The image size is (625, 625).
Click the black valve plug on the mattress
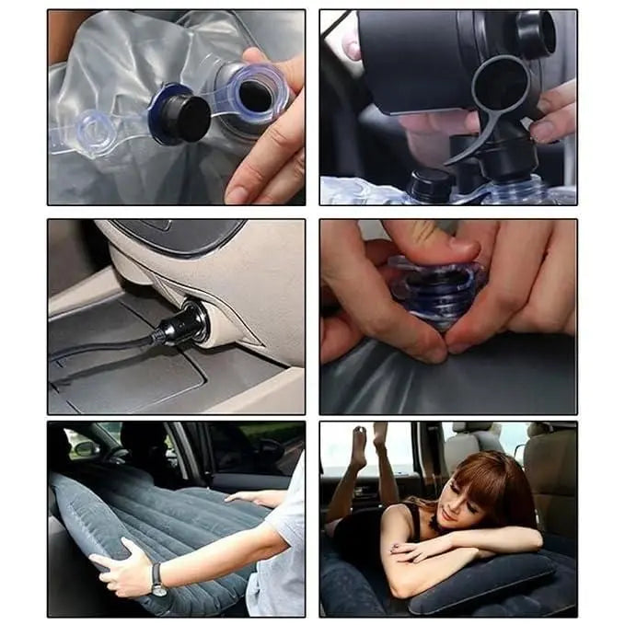click(x=188, y=118)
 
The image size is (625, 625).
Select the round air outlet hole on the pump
click(x=535, y=34)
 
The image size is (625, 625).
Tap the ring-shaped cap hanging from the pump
click(x=498, y=87)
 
